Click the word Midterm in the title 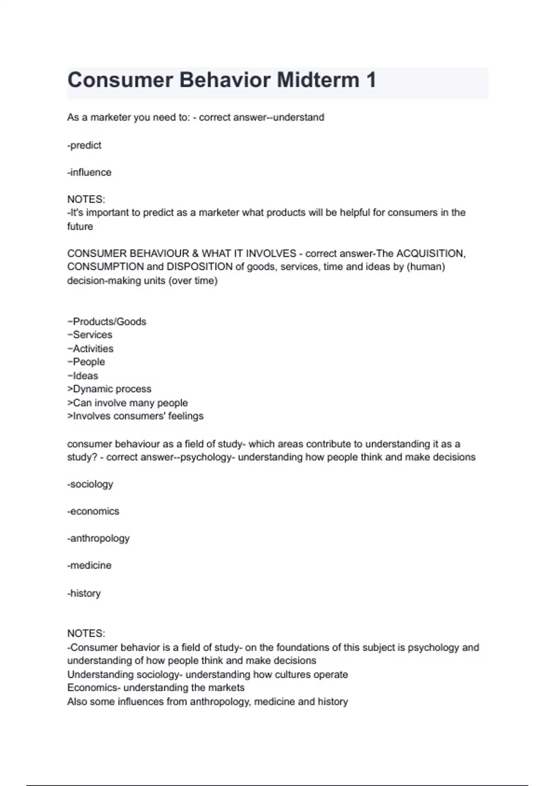coord(319,80)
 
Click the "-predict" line coord(84,145)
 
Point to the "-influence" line coord(89,172)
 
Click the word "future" coord(80,227)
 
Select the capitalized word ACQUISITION coord(431,253)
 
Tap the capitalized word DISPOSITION coord(199,267)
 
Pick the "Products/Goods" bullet coord(107,321)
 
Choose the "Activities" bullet coord(91,349)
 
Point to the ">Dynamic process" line coord(109,389)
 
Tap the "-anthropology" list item coord(99,538)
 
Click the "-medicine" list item coord(89,565)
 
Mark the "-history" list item coord(84,593)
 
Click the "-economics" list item coord(93,511)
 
